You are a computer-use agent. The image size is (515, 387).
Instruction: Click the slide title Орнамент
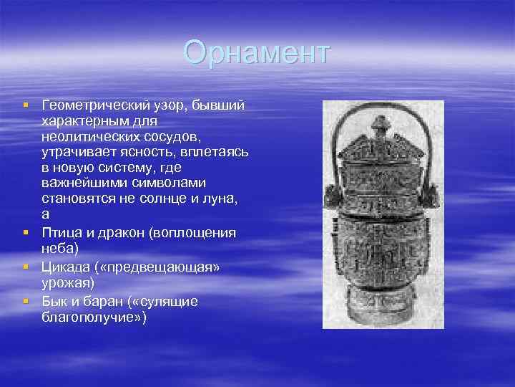point(257,52)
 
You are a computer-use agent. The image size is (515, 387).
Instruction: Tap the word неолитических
point(84,136)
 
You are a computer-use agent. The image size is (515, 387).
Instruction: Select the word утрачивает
point(76,151)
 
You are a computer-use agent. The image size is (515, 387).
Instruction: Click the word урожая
point(67,282)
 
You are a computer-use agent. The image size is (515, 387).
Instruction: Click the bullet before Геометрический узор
point(26,106)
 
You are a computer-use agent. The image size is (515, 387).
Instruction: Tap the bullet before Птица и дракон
point(26,233)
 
